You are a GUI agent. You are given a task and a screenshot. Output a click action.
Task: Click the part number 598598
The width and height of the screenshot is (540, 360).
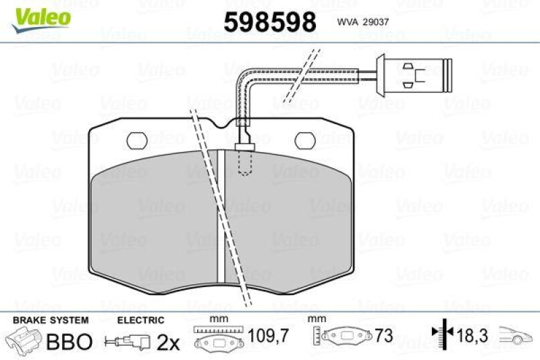click(x=270, y=23)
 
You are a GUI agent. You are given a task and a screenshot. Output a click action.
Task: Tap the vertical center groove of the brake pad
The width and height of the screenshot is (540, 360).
click(x=220, y=216)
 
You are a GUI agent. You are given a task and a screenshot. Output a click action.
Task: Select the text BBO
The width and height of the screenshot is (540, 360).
click(x=67, y=342)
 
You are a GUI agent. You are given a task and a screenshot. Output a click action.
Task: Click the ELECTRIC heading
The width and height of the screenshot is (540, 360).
click(x=140, y=319)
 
